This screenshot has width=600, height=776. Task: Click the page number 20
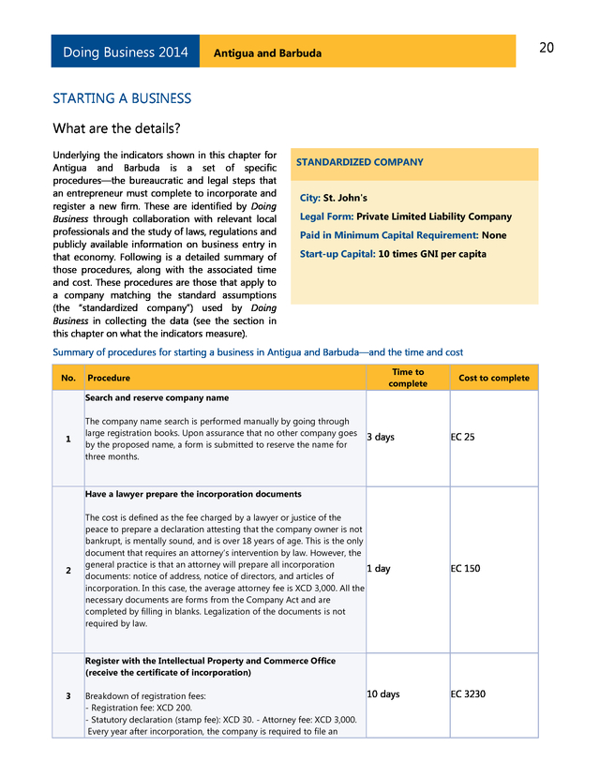547,48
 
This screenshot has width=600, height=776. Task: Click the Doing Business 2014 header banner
126,52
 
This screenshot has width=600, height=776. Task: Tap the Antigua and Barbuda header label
267,53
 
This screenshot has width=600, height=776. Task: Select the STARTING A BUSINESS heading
122,98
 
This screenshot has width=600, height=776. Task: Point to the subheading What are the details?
116,127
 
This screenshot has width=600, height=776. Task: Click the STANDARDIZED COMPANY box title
359,162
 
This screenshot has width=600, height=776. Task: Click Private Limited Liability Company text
434,216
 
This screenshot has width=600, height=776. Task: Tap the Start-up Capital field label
337,254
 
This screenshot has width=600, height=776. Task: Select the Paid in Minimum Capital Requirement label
388,235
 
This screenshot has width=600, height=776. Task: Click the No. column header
67,378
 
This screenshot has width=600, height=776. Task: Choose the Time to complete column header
407,378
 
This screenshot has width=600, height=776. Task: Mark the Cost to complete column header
494,378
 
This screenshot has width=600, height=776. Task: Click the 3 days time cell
381,438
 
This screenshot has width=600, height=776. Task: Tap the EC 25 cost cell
463,438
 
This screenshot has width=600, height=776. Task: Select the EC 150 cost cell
466,569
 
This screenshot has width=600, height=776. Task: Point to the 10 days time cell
382,694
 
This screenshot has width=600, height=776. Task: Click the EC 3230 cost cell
469,694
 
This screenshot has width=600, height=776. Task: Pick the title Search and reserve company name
157,398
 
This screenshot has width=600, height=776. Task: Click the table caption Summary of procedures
258,352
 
